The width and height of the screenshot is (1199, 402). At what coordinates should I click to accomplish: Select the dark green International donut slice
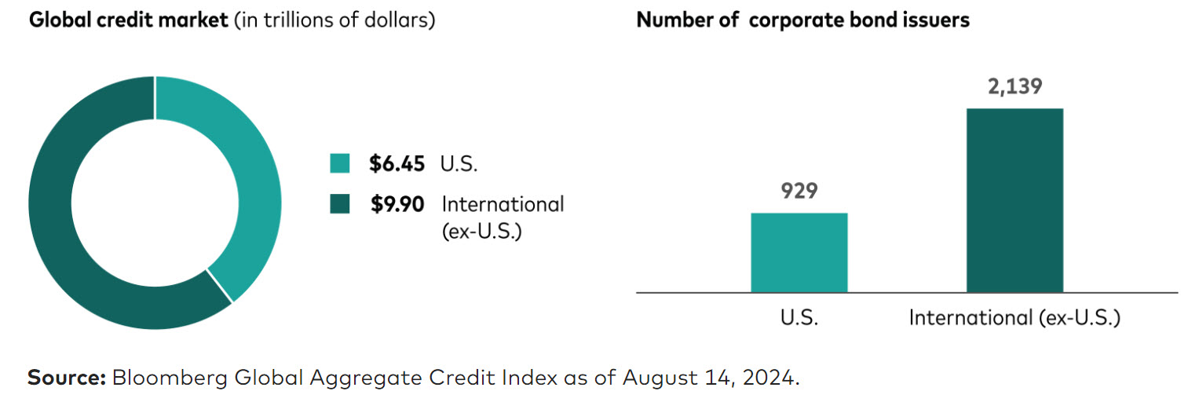tap(63, 236)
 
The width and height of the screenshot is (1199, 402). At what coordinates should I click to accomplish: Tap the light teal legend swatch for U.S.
tap(339, 163)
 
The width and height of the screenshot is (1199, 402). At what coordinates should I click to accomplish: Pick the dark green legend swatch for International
tap(339, 204)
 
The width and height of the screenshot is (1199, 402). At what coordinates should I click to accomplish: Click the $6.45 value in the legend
tap(397, 163)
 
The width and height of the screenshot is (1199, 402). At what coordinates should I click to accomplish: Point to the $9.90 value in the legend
tap(397, 204)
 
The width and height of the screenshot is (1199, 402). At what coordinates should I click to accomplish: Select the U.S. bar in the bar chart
tap(799, 252)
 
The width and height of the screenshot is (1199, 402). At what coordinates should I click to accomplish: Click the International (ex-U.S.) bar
tap(1014, 200)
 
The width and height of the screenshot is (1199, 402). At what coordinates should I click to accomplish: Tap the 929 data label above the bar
tap(799, 191)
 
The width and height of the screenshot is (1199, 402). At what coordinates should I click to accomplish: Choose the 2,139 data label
tap(1014, 86)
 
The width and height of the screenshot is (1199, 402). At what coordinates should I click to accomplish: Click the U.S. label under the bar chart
tap(799, 318)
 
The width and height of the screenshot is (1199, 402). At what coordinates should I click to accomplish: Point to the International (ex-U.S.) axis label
tap(1014, 318)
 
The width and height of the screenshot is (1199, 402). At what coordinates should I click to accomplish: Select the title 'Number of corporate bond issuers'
tap(802, 20)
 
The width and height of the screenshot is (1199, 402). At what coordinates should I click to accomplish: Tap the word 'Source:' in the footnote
tap(67, 378)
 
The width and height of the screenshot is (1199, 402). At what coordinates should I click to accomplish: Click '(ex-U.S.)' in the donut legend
tap(481, 233)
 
